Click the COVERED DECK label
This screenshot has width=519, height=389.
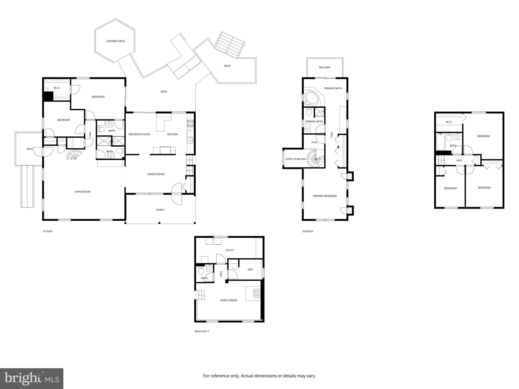click(115, 41)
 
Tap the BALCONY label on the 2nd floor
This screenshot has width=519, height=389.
click(325, 67)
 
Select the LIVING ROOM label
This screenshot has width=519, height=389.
click(82, 192)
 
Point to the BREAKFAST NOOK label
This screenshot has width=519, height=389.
click(139, 134)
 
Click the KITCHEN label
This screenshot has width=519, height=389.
click(172, 134)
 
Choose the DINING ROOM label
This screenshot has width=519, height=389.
click(156, 174)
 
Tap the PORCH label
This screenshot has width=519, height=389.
click(160, 210)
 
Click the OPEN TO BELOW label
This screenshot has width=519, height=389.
click(295, 159)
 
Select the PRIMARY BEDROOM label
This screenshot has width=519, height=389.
click(325, 196)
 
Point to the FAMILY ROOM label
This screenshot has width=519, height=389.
click(229, 300)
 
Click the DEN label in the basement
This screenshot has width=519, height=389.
click(250, 269)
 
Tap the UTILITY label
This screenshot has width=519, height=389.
click(230, 250)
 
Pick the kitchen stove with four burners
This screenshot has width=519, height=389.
click(190, 123)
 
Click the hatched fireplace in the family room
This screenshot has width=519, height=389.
click(257, 293)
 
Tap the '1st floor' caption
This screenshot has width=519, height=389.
click(48, 231)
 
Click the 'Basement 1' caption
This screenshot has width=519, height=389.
click(202, 331)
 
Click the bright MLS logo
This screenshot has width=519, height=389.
click(32, 378)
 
